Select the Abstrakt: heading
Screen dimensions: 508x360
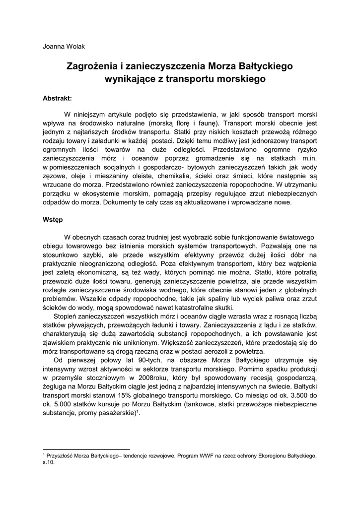coord(58,98)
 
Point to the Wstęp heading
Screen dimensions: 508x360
coord(53,219)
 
